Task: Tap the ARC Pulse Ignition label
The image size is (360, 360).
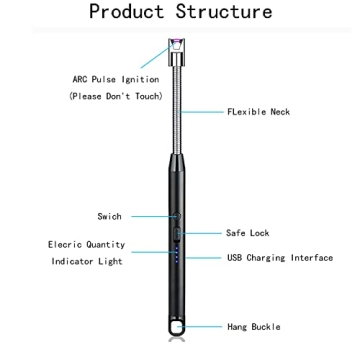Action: pyautogui.click(x=115, y=79)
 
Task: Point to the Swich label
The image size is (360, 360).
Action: pyautogui.click(x=109, y=215)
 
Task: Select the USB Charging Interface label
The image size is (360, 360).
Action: pyautogui.click(x=279, y=257)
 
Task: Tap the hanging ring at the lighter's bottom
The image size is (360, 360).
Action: pyautogui.click(x=176, y=327)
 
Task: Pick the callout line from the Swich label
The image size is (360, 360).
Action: pyautogui.click(x=150, y=215)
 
